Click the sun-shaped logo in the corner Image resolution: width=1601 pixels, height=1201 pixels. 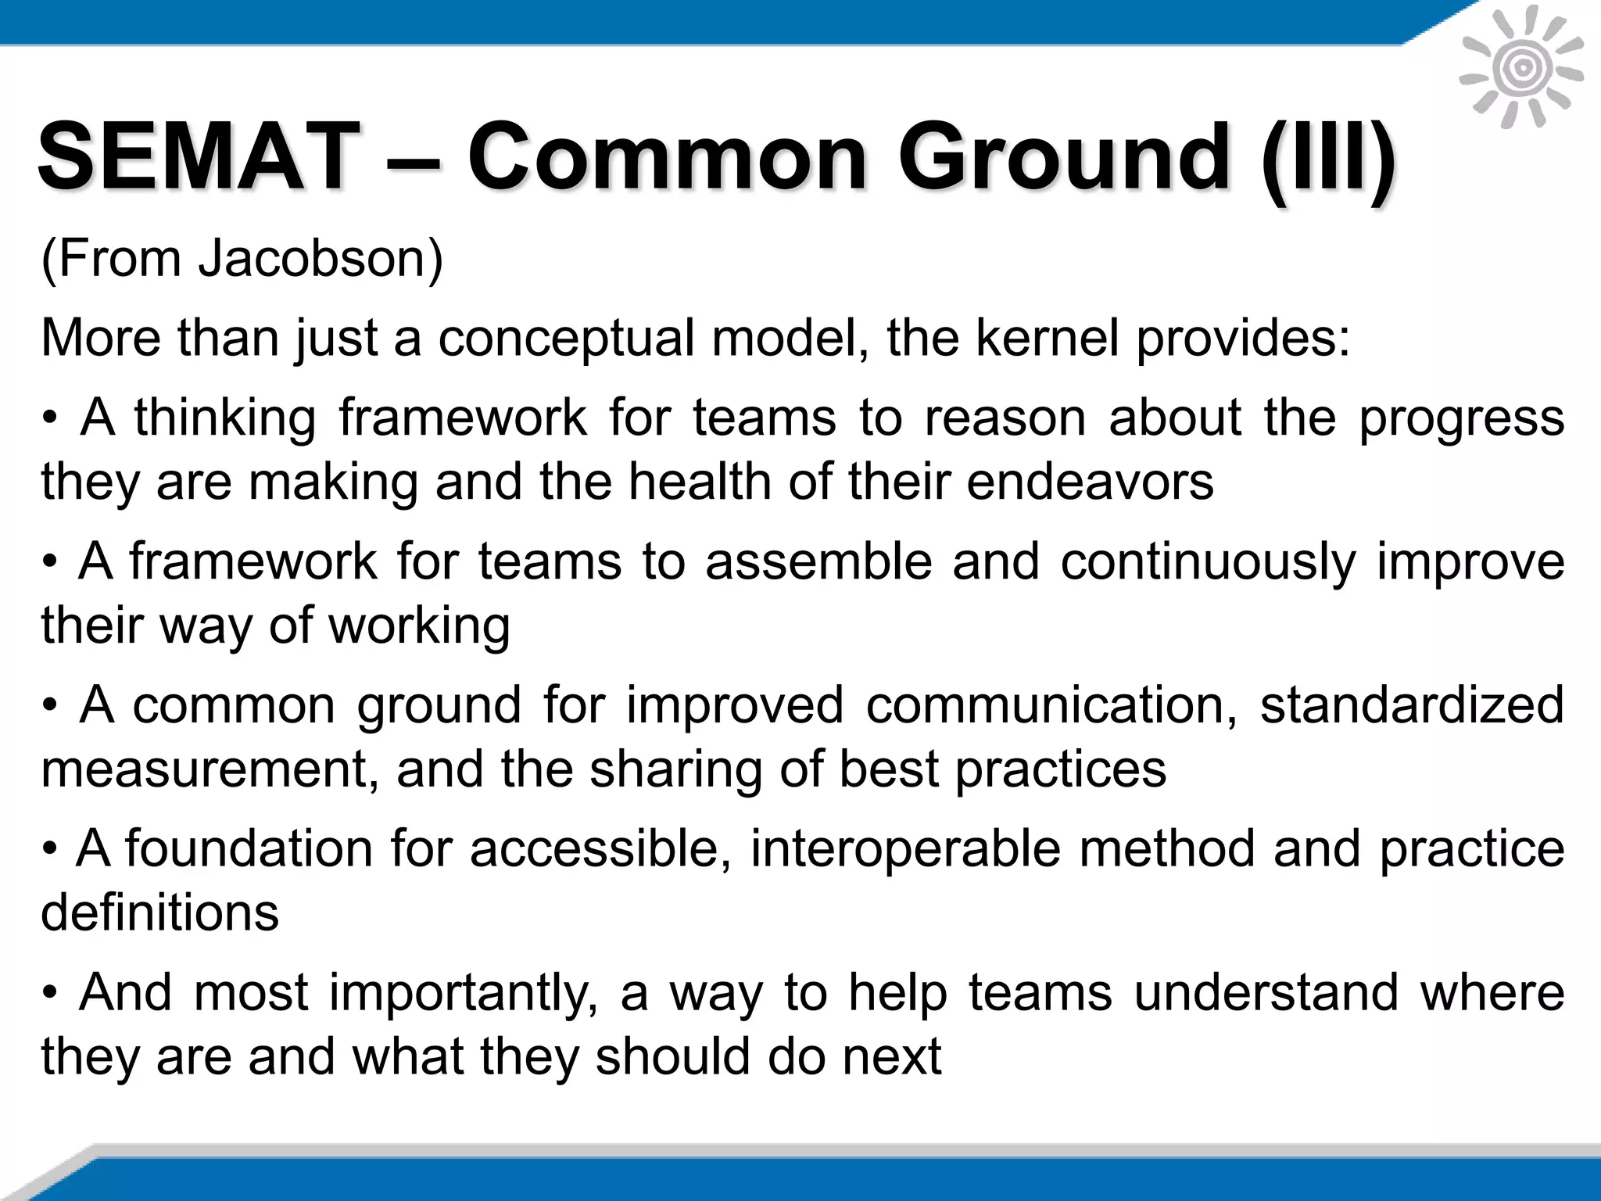[1521, 69]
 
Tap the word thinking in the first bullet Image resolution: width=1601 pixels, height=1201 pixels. [225, 418]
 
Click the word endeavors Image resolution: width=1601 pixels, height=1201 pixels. [1090, 482]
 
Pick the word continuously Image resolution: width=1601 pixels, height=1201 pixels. [1207, 563]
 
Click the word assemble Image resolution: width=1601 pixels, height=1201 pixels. [818, 561]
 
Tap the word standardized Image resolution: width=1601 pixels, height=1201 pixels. [1412, 705]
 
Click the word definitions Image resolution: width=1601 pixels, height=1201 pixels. [159, 912]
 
